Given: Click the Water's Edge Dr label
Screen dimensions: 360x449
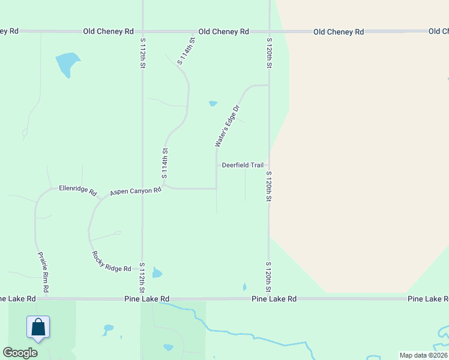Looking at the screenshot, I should coord(228,126).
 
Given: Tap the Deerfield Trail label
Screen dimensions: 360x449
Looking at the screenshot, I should coord(243,165).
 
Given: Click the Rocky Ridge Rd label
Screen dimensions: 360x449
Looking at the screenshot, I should coord(111,262).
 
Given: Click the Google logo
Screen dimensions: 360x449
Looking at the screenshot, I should coord(20,353).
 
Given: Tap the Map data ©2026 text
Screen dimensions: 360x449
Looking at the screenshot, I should coord(423,355).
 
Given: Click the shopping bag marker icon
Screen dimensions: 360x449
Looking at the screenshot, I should coord(38,328).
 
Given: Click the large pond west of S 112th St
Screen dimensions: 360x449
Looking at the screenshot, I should coord(67,64).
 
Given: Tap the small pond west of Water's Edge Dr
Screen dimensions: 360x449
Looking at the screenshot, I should coord(212,103).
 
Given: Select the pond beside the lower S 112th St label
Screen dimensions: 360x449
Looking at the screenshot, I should coord(157,273).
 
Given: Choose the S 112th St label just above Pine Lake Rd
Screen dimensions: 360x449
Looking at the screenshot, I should coord(142,277).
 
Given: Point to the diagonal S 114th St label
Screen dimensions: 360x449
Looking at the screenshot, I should coord(187,52).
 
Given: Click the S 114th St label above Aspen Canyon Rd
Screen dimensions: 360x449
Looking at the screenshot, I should coord(164,164).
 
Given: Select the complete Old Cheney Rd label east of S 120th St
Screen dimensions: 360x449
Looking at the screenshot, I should coord(339,32).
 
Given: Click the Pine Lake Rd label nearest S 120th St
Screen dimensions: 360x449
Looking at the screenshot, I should coord(274,298).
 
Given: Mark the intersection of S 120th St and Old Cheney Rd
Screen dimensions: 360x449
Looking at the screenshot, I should coord(269,31).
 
